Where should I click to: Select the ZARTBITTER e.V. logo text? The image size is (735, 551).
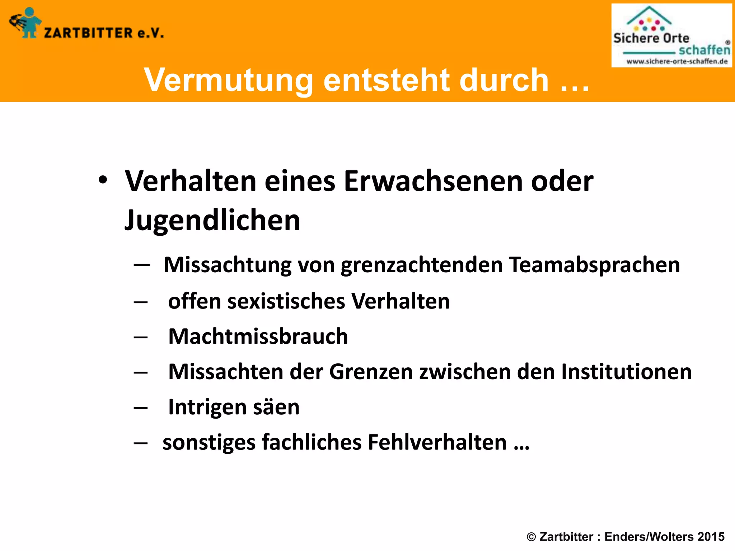104,33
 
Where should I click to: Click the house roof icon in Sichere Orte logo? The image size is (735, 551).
649,15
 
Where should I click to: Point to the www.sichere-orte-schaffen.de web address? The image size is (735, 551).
677,61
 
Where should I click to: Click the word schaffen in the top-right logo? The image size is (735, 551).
704,50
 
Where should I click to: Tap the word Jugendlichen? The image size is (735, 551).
212,220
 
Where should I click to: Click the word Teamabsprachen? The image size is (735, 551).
594,265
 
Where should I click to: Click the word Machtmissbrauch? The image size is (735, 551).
258,336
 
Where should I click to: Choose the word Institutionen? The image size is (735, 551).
626,372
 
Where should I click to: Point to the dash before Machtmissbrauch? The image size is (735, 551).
141,338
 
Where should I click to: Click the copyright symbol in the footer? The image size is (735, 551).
531,537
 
